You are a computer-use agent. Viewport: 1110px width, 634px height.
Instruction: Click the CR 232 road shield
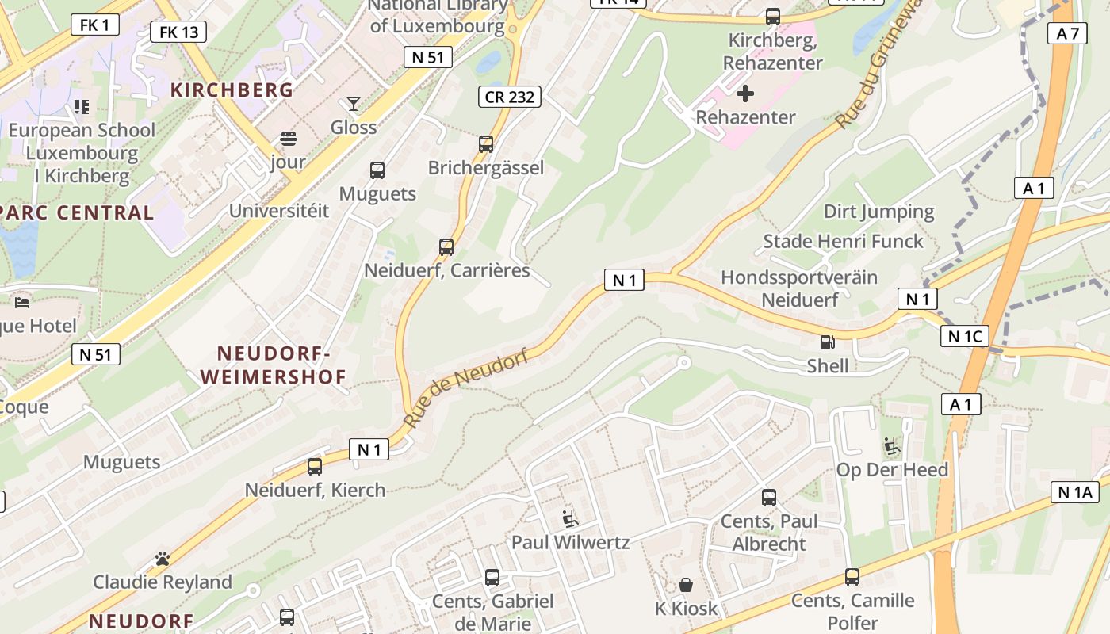coord(510,97)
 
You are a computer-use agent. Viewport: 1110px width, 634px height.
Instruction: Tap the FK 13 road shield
coord(178,32)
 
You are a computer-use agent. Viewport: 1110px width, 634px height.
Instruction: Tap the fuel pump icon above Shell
coord(827,342)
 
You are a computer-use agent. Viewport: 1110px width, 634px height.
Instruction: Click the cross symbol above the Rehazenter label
coord(745,94)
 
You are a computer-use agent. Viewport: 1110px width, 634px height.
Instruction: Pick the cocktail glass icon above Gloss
coord(354,104)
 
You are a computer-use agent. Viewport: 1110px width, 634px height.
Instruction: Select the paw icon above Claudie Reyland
coord(163,559)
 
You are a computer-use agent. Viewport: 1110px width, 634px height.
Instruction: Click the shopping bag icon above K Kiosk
coord(686,585)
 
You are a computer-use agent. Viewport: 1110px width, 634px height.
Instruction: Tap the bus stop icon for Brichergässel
coord(486,144)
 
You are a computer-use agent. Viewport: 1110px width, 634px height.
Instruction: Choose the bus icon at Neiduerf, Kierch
coord(315,467)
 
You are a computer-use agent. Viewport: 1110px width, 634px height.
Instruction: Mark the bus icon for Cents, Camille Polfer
coord(852,577)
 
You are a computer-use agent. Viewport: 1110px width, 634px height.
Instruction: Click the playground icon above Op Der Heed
coord(893,447)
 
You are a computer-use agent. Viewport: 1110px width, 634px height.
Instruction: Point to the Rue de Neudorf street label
coord(465,388)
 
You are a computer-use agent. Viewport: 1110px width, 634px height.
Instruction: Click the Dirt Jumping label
coord(878,212)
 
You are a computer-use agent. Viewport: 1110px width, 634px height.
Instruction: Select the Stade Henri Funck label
coord(843,241)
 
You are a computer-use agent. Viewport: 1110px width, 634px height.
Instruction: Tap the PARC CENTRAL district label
coord(78,212)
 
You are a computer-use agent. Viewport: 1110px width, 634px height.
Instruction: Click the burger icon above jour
coord(288,139)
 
